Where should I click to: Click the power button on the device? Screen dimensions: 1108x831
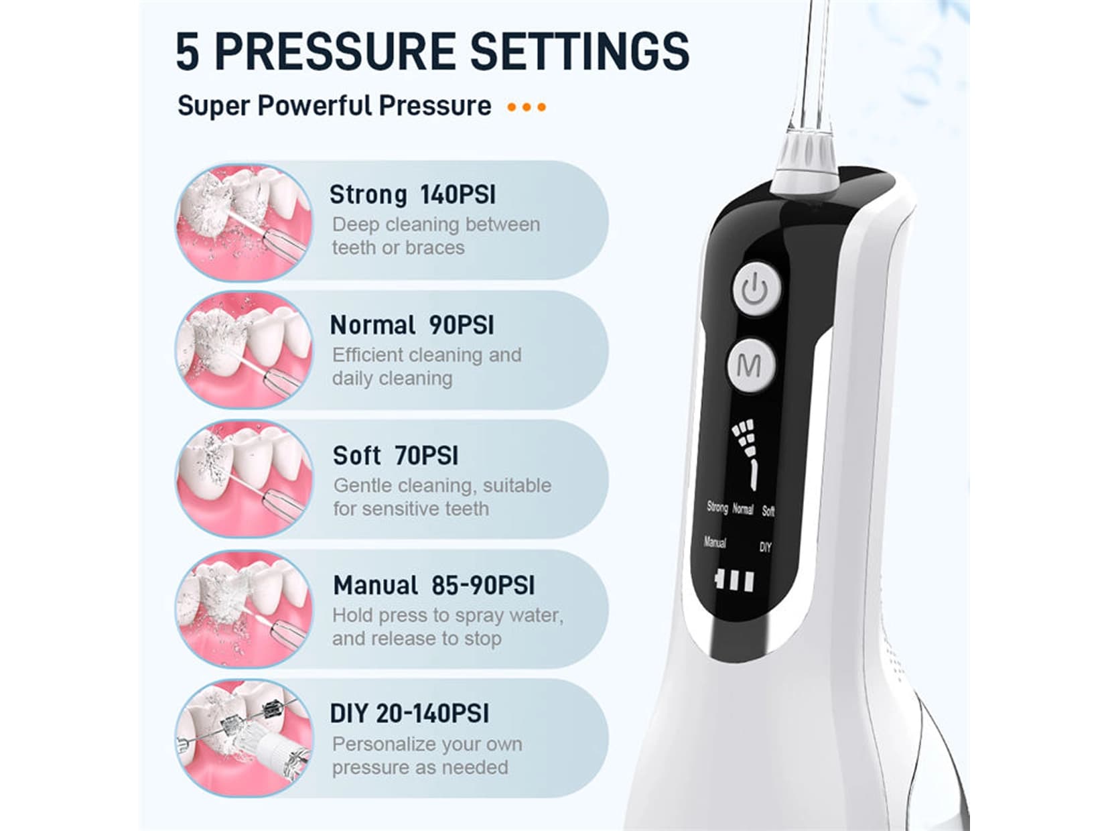756,290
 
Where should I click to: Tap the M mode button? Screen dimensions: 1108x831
750,365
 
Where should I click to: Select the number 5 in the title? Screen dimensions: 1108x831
188,52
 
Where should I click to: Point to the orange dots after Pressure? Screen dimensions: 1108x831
527,107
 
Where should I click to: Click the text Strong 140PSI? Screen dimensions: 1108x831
413,195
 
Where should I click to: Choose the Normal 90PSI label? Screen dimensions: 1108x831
411,325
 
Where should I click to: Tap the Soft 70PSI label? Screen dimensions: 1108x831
395,456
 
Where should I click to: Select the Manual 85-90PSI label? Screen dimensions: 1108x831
433,586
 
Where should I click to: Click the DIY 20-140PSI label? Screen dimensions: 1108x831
409,714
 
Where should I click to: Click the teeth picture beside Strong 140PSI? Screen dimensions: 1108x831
244,222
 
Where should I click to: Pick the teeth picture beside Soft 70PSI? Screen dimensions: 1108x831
244,478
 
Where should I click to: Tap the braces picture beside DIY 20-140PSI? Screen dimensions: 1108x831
244,738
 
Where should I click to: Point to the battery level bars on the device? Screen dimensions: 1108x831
734,580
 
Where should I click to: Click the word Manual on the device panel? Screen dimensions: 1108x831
715,543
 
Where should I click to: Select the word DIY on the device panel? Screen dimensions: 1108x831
765,548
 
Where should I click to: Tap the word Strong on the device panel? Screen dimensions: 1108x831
717,507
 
